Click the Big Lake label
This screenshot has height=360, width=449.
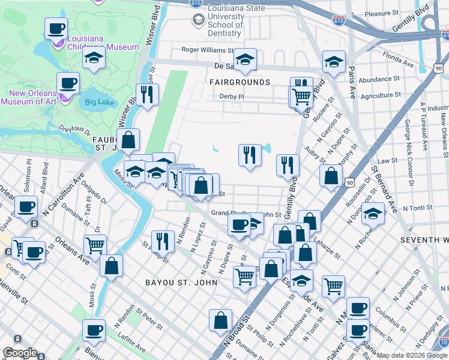pos(99,102)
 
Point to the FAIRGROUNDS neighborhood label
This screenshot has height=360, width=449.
pos(240,82)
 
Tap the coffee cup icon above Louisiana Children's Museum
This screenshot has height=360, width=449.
pos(56,29)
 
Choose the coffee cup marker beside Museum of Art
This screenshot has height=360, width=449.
pos(68,83)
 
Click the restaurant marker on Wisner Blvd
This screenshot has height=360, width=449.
pos(146,94)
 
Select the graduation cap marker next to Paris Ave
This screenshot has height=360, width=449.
pos(334,61)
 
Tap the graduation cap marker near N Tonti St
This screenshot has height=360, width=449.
pos(373,214)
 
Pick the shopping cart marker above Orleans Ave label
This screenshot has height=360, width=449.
pos(95,245)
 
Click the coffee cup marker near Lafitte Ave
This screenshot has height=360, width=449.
pos(94,330)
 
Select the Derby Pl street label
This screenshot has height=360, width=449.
pos(232,96)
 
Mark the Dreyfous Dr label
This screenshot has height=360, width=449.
pos(75,131)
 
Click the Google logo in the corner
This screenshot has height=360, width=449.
pos(20,353)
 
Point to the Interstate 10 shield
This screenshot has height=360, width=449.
pos(444,343)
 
